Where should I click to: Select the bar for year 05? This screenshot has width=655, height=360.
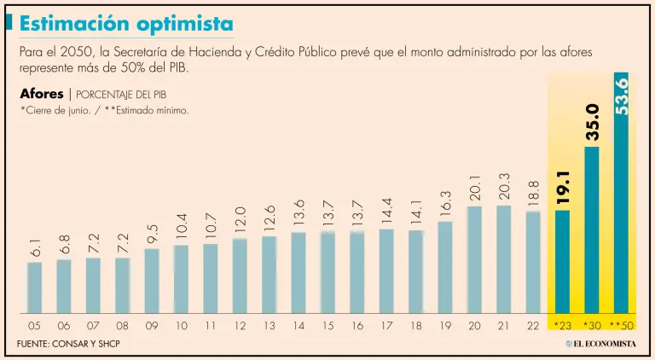(34, 287)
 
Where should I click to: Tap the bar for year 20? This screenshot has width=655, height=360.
(474, 258)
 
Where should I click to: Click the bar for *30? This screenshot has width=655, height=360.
(591, 229)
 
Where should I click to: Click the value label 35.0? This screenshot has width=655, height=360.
(592, 121)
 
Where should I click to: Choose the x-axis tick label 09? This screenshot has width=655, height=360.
(151, 326)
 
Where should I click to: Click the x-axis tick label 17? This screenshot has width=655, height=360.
(385, 326)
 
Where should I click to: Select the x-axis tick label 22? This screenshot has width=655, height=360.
(532, 326)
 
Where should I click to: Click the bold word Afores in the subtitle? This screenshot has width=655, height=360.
(41, 94)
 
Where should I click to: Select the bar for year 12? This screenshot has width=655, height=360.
(240, 275)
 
